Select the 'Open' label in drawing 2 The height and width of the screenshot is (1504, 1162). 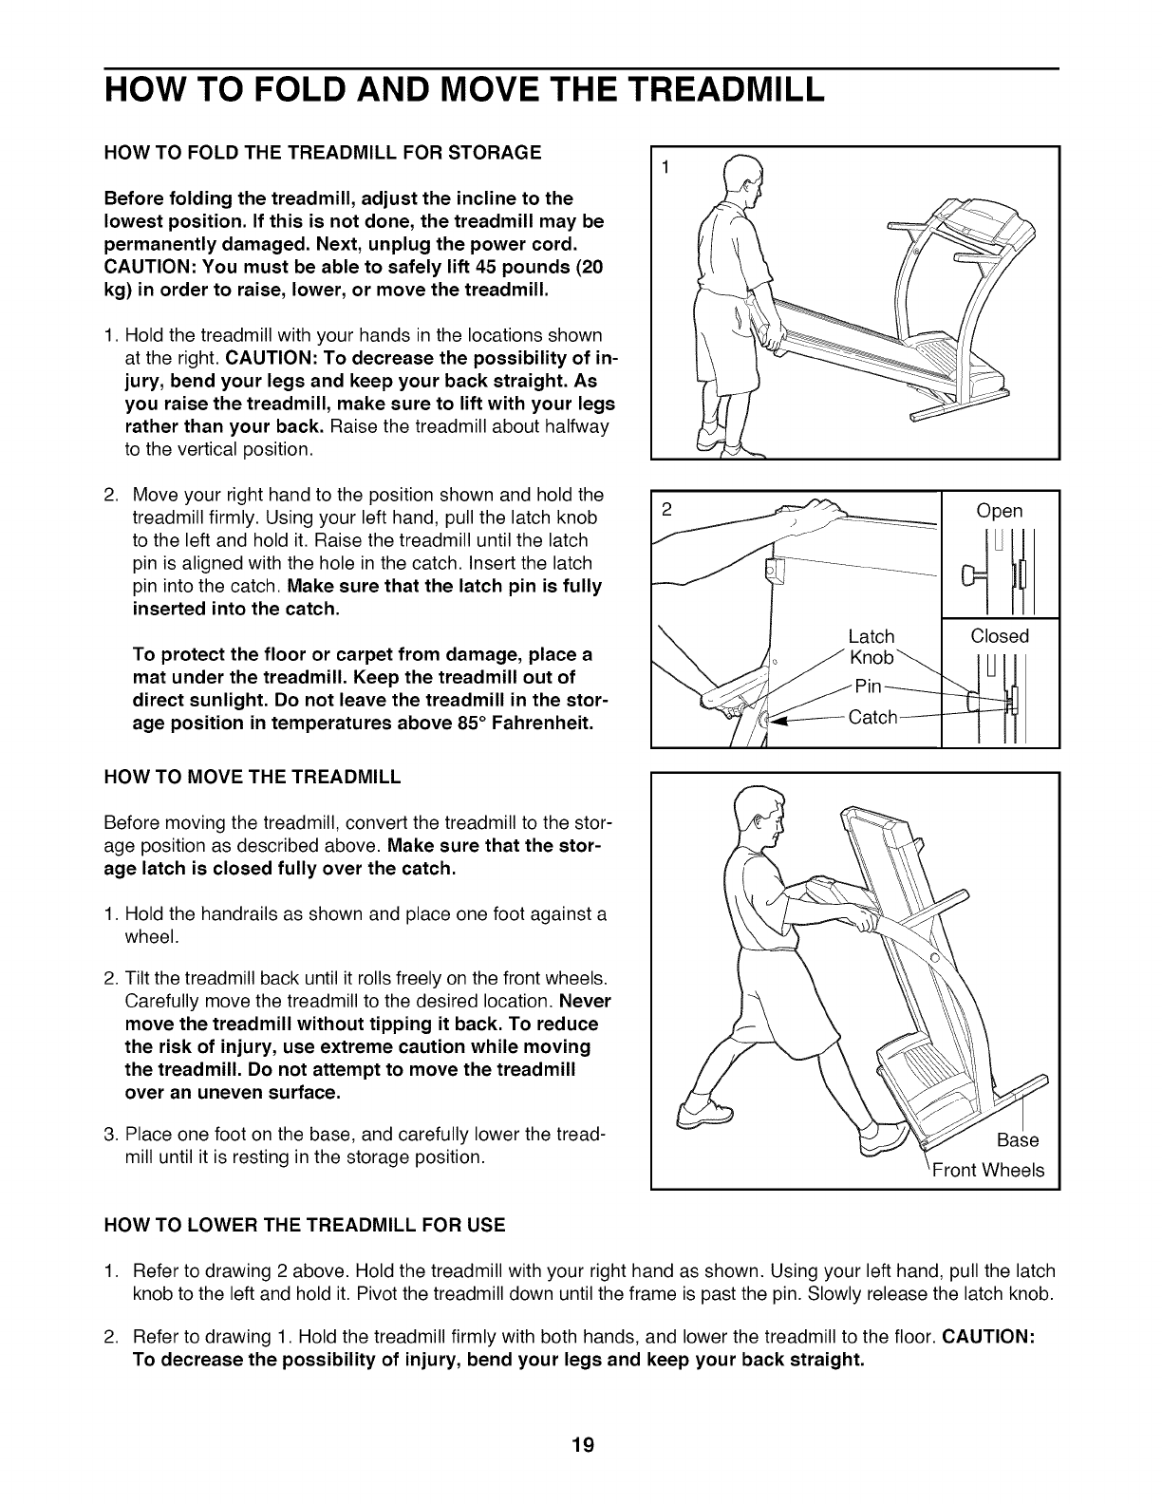1000,511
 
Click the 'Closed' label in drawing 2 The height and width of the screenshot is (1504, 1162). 1000,635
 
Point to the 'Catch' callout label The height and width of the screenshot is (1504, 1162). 872,717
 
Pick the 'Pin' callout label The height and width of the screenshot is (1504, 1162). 869,686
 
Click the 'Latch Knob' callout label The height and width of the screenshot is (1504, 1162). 871,648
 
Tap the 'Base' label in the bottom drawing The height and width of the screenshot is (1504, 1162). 1018,1139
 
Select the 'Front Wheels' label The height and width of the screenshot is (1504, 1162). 987,1170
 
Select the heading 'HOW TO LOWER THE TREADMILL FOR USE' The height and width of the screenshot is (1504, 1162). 305,1225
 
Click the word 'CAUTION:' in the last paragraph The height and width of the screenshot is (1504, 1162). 992,1337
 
